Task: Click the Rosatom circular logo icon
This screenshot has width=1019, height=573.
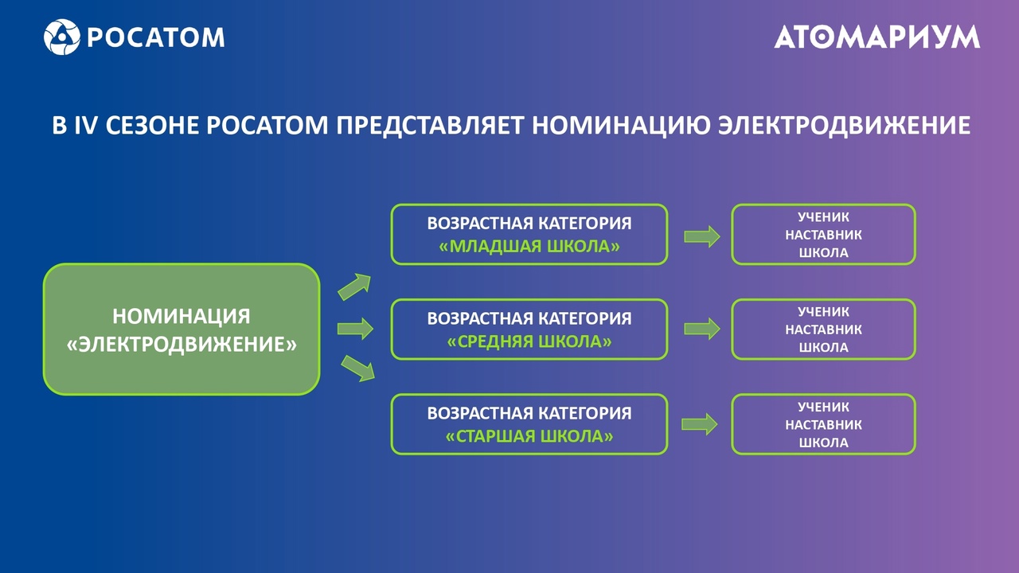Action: tap(62, 37)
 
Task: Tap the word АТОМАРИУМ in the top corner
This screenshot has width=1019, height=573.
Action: tap(877, 37)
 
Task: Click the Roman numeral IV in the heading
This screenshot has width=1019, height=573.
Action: tap(86, 125)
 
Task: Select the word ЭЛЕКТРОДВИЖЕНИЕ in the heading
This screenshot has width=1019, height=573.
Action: tap(845, 125)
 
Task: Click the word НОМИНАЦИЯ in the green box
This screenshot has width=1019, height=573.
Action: tap(182, 316)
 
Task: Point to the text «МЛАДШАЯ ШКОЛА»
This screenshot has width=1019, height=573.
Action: tap(529, 247)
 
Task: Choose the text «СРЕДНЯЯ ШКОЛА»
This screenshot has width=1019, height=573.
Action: tap(529, 341)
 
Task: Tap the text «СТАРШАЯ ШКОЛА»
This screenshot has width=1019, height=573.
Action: tap(529, 437)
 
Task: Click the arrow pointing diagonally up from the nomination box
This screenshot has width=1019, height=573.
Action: tap(354, 287)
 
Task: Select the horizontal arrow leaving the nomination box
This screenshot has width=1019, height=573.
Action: tap(355, 329)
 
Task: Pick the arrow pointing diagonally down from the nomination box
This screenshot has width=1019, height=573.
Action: tap(358, 368)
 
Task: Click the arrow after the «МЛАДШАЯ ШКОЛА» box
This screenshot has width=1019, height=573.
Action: tap(702, 236)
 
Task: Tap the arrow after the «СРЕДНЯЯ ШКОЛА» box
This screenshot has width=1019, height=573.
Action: tap(702, 329)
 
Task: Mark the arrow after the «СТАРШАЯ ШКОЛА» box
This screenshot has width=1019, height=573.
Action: tap(700, 424)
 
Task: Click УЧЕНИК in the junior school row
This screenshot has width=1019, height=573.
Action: tap(823, 217)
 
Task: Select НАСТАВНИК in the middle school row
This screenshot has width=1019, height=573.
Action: tap(823, 329)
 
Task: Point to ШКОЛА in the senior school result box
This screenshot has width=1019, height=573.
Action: tap(823, 442)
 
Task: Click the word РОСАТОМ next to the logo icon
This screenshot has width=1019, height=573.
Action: tap(155, 37)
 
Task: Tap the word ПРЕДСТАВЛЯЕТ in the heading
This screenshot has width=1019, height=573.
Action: tap(431, 125)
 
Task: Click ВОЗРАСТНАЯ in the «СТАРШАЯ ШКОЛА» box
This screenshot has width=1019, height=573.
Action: tap(479, 413)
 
